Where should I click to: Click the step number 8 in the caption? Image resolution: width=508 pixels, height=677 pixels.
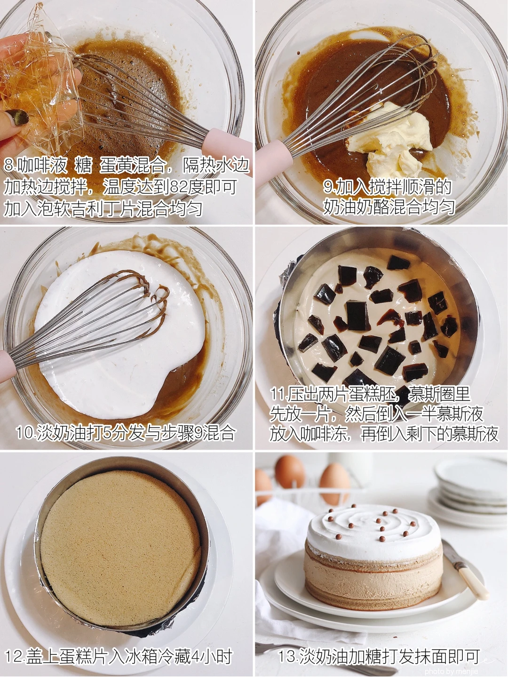(x=8, y=166)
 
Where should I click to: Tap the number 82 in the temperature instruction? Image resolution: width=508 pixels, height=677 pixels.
(x=178, y=187)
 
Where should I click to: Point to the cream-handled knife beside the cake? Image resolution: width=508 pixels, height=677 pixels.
(x=466, y=570)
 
